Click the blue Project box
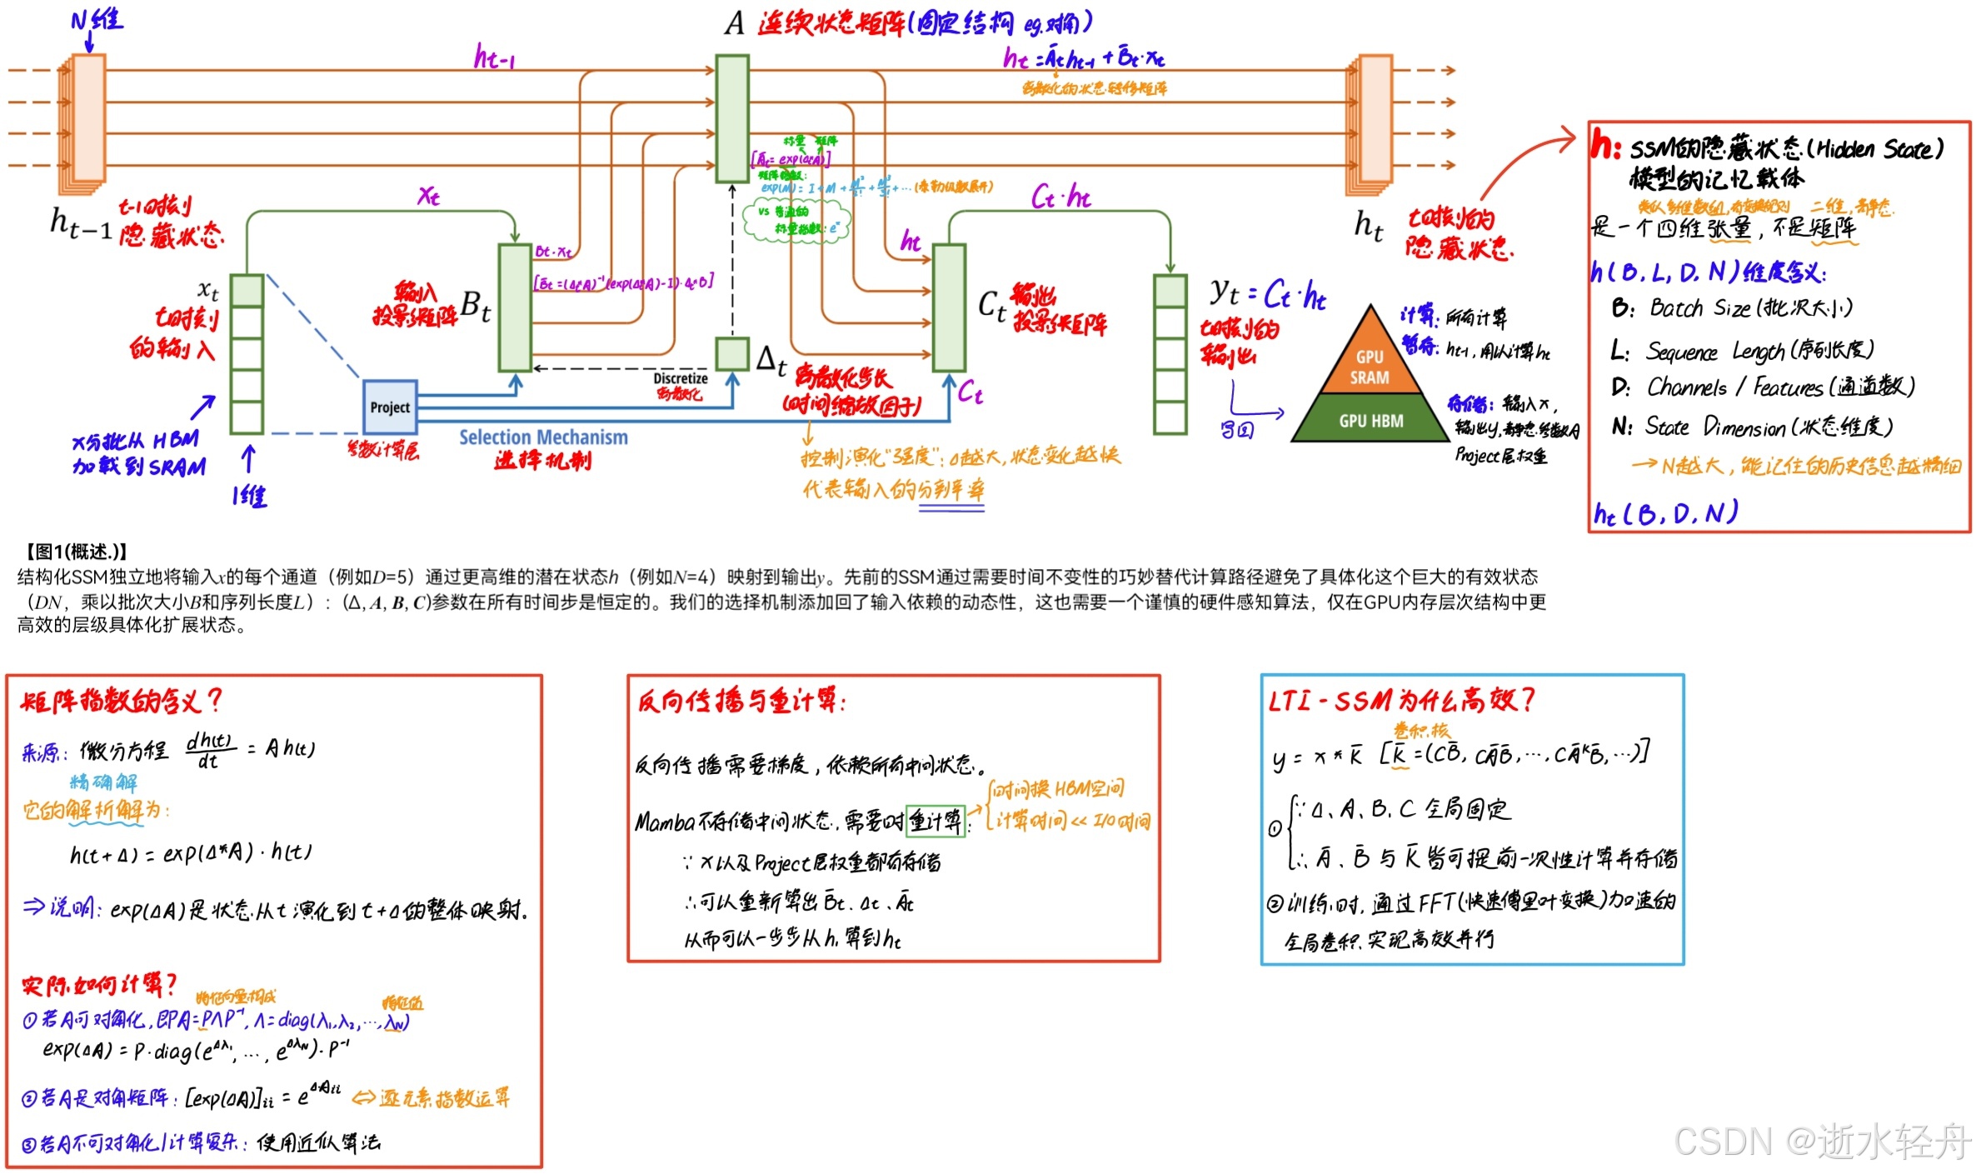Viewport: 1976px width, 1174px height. [x=390, y=407]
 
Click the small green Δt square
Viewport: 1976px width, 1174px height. [x=732, y=353]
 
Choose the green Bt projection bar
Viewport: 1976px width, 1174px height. [x=515, y=307]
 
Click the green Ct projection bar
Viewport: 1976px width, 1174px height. [x=949, y=307]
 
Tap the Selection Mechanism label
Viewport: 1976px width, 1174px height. [x=543, y=437]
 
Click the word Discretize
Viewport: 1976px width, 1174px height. [x=681, y=378]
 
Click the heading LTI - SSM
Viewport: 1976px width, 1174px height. [x=1316, y=701]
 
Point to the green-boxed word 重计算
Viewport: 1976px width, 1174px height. [x=935, y=822]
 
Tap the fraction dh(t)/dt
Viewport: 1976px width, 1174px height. [x=208, y=750]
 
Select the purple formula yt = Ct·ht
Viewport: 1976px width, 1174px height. [x=1266, y=293]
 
